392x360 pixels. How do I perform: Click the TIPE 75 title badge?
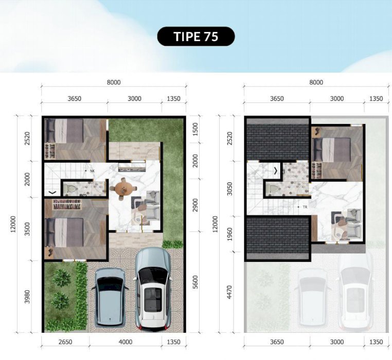[x=196, y=37]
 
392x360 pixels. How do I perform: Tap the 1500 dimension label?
[x=195, y=129]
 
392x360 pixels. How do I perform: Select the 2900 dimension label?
[x=195, y=205]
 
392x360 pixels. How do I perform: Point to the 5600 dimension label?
[x=195, y=282]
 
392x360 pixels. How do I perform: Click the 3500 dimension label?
[x=27, y=229]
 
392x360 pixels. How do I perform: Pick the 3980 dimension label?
[x=27, y=297]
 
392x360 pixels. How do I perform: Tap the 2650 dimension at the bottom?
[x=65, y=342]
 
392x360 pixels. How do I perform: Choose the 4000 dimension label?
[x=125, y=342]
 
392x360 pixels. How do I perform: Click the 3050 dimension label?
[x=229, y=189]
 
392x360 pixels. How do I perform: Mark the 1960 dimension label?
[x=229, y=234]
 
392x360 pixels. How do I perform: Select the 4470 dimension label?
[x=229, y=292]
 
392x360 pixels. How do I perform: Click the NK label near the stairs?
[x=92, y=171]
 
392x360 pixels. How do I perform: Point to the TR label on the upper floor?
[x=305, y=207]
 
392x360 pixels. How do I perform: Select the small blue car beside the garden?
[x=110, y=297]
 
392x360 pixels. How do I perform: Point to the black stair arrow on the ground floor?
[x=52, y=192]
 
